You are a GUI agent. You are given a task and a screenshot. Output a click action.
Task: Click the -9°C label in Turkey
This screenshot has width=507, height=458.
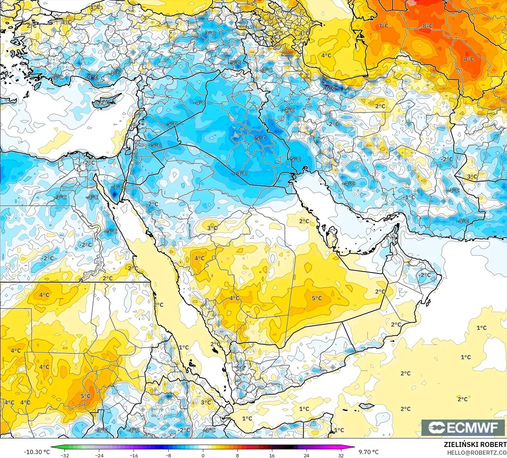(92, 77)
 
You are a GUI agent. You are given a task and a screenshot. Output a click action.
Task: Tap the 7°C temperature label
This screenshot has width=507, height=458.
(383, 26)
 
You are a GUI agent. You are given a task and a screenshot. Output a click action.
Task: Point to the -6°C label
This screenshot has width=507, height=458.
(330, 88)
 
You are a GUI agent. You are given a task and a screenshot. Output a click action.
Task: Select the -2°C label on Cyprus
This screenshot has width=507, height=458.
(104, 102)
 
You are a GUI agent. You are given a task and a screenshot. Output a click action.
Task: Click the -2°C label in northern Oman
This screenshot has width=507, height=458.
(424, 275)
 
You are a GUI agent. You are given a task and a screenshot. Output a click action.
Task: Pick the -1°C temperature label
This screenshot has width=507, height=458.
(409, 197)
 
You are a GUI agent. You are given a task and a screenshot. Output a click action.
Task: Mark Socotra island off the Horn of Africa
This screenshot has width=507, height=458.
(366, 405)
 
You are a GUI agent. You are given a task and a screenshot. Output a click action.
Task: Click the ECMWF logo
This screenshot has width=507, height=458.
(463, 428)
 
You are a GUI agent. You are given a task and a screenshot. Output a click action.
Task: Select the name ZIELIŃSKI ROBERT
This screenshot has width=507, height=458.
(475, 444)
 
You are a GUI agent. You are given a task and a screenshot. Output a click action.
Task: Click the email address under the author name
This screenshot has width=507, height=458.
(477, 452)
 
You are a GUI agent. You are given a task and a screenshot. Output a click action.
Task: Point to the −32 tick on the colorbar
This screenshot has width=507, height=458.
(65, 455)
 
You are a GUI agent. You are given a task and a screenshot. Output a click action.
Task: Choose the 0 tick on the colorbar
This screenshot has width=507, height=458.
(203, 455)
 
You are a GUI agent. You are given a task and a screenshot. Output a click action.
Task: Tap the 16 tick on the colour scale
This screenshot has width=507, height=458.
(272, 455)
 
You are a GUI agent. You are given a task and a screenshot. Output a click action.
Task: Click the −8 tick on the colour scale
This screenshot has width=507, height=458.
(168, 455)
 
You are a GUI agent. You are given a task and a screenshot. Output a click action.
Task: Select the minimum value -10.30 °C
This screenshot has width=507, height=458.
(37, 452)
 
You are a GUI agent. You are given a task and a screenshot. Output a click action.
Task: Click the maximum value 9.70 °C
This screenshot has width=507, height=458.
(369, 452)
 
